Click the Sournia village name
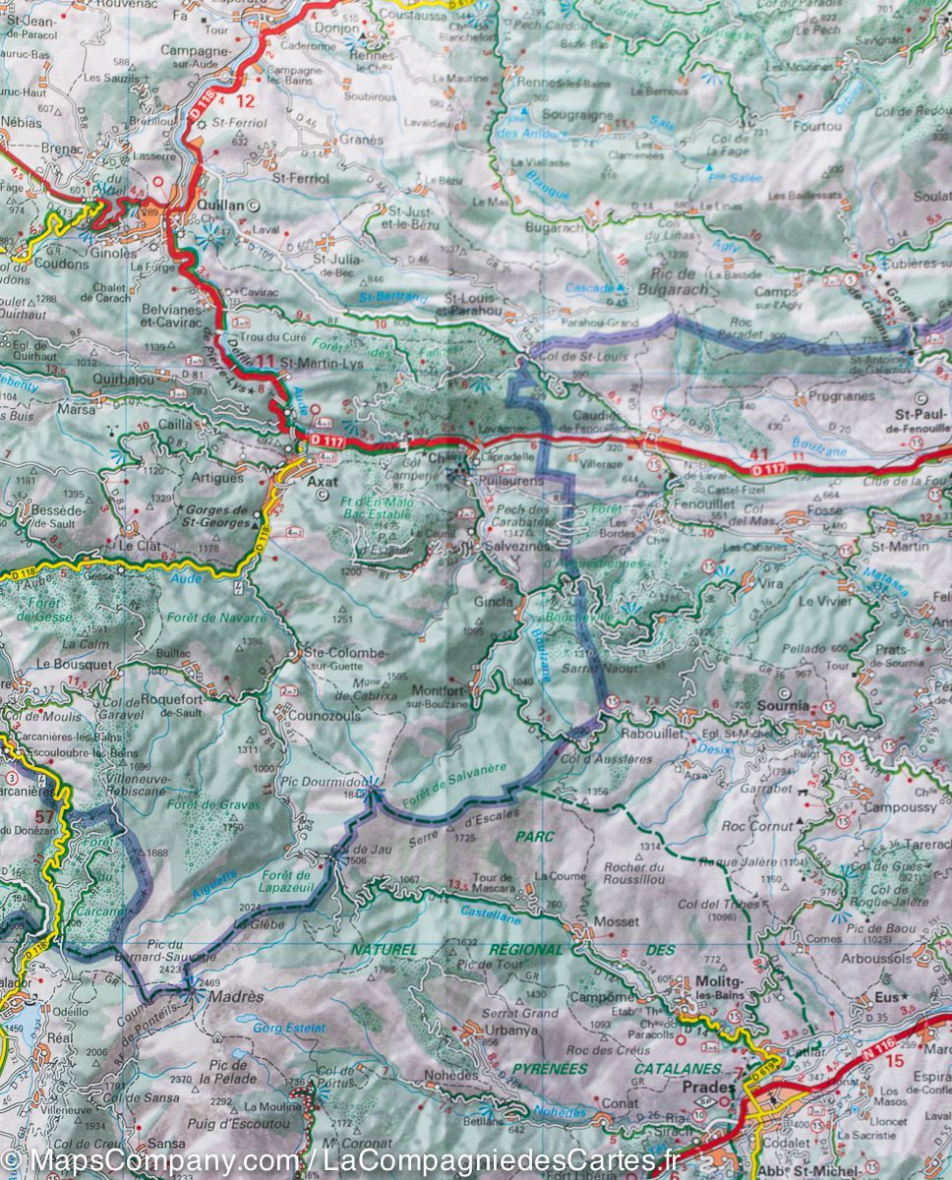coord(783,706)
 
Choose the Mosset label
coord(616,922)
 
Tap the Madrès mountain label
coord(240,996)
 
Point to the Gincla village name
coord(494,601)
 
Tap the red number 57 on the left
coord(43,816)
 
